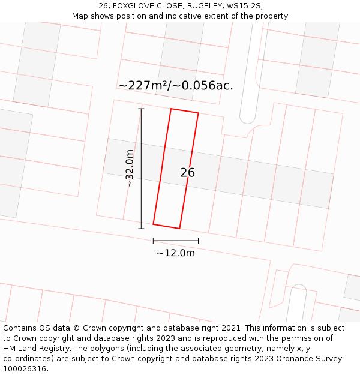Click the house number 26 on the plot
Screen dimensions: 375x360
point(187,173)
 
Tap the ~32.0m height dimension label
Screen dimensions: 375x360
point(130,169)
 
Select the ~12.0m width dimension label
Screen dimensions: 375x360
point(176,253)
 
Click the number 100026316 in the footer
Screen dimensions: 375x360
point(25,369)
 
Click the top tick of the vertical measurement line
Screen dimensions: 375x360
point(142,109)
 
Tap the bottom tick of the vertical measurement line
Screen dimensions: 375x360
point(142,229)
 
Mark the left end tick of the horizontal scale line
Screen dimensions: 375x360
point(153,241)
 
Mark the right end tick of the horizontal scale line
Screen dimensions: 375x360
point(199,241)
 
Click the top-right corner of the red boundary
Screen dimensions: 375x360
point(198,113)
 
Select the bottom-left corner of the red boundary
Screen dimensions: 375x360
point(153,224)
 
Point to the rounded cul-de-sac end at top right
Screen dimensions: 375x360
point(248,118)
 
